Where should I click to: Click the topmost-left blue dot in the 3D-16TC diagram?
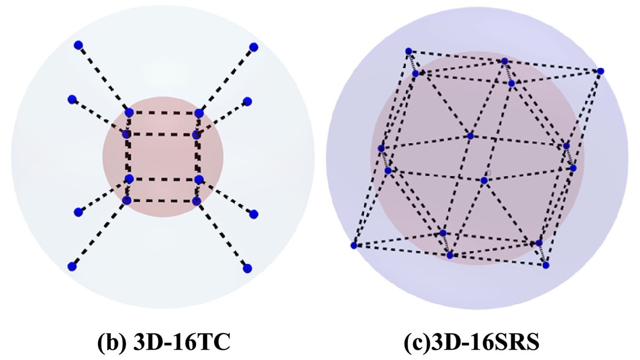pos(78,45)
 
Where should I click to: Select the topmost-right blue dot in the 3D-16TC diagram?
pos(254,47)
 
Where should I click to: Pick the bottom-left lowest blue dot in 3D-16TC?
pos(72,266)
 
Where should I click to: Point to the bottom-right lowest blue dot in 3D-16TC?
pos(247,268)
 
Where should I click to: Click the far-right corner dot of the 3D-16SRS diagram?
pos(601,71)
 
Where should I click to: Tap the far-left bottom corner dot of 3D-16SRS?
pos(354,245)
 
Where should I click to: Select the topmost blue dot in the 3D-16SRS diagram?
pos(409,51)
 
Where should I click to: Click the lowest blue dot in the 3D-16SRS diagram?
pos(546,265)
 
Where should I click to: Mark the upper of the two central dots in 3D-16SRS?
pos(470,136)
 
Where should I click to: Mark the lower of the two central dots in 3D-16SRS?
pos(484,180)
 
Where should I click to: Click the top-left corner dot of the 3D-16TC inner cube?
pos(129,113)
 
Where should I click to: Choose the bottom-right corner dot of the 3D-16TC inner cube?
pos(196,201)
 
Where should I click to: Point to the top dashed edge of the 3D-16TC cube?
pos(164,113)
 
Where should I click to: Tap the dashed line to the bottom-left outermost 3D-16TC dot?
pos(99,233)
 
